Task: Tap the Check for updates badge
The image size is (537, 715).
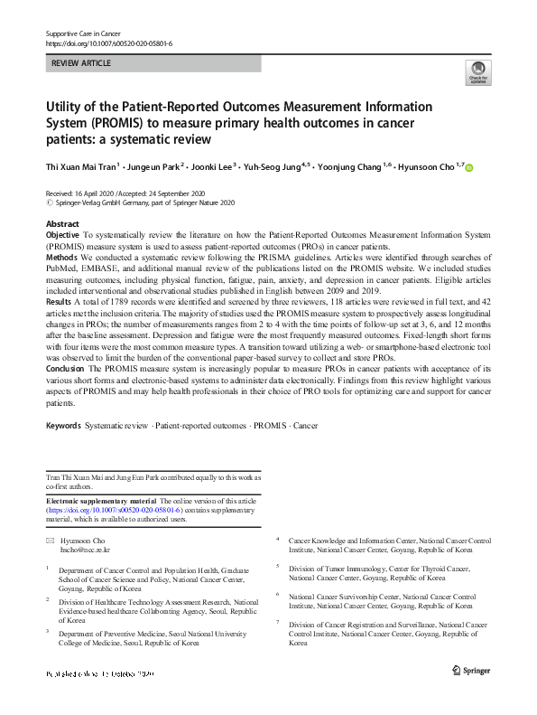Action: (x=477, y=72)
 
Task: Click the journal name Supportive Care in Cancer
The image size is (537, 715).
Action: (x=83, y=33)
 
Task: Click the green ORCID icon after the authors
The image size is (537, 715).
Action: (x=468, y=167)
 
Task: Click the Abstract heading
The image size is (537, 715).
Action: (x=62, y=223)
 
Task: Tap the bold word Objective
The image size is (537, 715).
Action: (x=62, y=234)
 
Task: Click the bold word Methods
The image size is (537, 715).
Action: (x=60, y=256)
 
